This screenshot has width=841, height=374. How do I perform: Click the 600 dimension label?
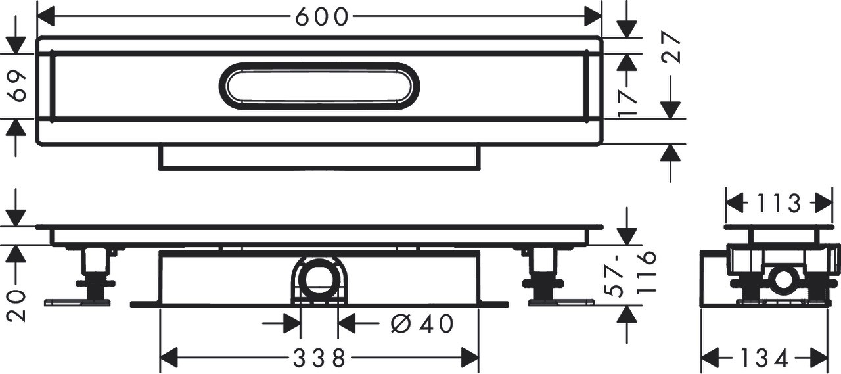point(321,17)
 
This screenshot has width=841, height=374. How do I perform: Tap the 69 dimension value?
point(18,86)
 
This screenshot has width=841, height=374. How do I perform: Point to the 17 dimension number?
point(627,104)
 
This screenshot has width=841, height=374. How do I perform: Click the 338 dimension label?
point(319,358)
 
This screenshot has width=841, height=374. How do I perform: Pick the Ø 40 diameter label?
point(422,323)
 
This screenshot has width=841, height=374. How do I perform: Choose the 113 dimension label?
point(779,204)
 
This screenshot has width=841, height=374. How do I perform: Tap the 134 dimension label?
point(764,360)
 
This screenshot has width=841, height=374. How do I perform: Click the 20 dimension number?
point(18,306)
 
